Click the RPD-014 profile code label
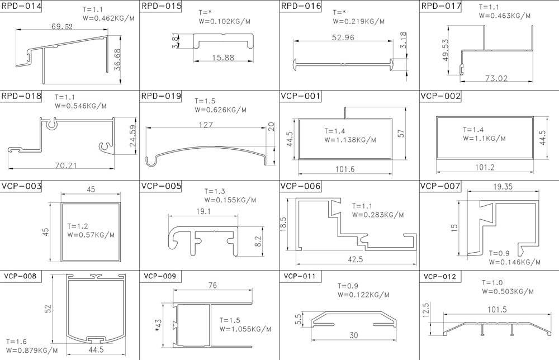tap(21, 6)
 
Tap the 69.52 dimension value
tap(62, 26)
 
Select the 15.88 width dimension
tap(223, 58)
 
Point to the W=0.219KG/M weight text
tap(359, 21)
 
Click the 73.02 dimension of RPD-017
tap(496, 78)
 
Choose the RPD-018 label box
tap(21, 96)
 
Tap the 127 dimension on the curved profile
tap(206, 125)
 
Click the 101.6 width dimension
tap(345, 169)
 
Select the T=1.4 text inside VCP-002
tap(473, 130)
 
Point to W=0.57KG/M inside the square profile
tap(91, 235)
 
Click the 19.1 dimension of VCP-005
tap(203, 211)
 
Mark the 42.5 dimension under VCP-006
tap(356, 259)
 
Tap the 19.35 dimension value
tap(503, 186)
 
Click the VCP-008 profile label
tap(20, 276)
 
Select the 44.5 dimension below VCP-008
tap(96, 350)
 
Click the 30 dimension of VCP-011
tap(354, 335)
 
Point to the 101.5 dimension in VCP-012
tap(497, 309)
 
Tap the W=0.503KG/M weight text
tap(508, 292)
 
